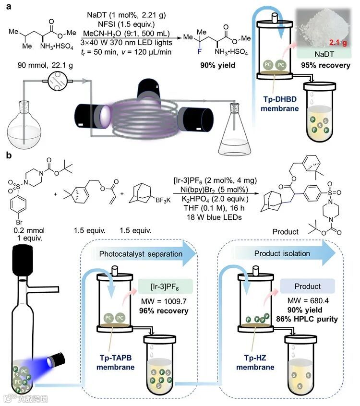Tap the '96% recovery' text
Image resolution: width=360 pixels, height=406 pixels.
(164, 310)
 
